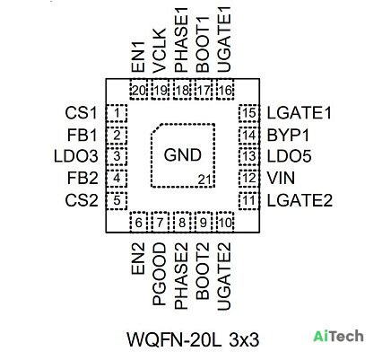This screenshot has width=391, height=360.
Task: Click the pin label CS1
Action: pos(82,113)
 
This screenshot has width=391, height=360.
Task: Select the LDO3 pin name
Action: pos(76,156)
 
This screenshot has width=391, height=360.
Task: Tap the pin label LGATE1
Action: pos(300,113)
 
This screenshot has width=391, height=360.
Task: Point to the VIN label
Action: pos(281,178)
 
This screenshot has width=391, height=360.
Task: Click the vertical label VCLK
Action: pos(159,50)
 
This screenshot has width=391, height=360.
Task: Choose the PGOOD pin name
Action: pos(159,274)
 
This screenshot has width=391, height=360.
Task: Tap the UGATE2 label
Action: pos(224,276)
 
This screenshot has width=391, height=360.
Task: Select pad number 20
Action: pos(139,90)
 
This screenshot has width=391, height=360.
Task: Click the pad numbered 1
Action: pos(117,113)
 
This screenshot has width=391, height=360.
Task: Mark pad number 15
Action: pos(249,113)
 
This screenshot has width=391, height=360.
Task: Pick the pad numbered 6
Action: pos(139,223)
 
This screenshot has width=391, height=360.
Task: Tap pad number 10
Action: pos(225,223)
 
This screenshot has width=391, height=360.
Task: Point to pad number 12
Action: pos(249,179)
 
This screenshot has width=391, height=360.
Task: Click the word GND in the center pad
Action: pos(182,155)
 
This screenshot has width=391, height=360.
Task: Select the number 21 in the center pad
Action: pos(204,180)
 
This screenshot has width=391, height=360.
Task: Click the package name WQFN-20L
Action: pos(174,339)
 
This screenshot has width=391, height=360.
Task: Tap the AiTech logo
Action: pos(338,337)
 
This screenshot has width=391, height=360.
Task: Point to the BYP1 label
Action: pos(288,136)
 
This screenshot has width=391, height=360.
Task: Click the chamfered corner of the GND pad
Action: pos(156,129)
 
